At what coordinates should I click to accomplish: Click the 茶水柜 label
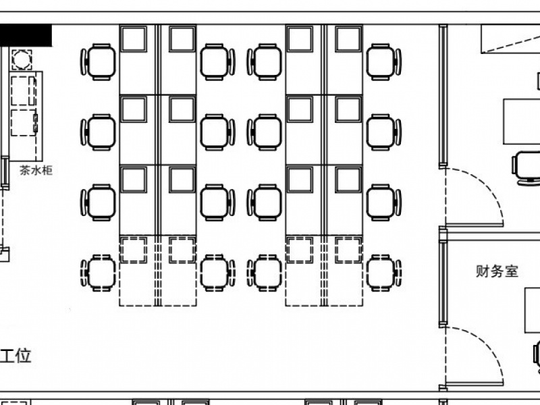click(36, 170)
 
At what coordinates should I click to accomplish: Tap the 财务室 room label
click(497, 271)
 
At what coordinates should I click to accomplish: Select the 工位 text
click(16, 356)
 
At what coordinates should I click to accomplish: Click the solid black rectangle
click(26, 35)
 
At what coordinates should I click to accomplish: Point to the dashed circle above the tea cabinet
click(22, 59)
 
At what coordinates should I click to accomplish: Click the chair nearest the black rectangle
click(98, 62)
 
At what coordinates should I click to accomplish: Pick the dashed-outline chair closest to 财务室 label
click(383, 273)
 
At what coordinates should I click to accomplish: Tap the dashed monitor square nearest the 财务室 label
click(348, 250)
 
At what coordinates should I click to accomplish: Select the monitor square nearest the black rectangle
click(134, 38)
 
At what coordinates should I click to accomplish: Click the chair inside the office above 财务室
click(526, 168)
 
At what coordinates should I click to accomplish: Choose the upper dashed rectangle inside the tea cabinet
click(23, 91)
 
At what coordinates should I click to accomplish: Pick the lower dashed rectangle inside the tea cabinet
click(24, 123)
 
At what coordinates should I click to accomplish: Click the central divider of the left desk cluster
click(158, 165)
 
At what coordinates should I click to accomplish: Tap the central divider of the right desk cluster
click(324, 165)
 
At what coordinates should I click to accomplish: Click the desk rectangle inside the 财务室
click(533, 310)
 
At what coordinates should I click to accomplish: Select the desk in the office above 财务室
click(521, 122)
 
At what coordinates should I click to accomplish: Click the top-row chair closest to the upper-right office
click(383, 62)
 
